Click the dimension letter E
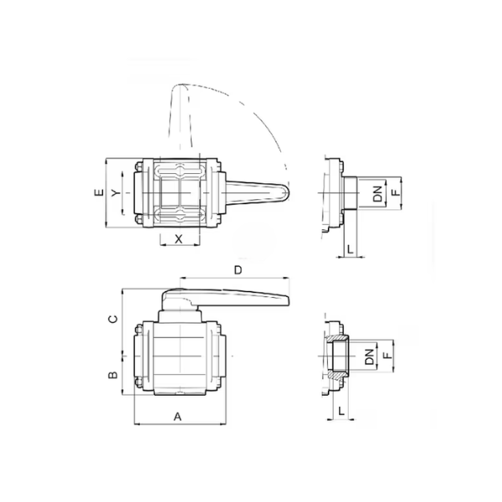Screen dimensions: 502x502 pos(100,192)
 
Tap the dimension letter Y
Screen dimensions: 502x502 pos(116,192)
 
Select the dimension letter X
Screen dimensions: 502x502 pos(179,238)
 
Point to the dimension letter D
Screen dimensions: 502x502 pos(238,270)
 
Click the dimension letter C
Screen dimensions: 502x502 pos(114,320)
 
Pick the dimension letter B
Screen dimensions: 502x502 pos(113,375)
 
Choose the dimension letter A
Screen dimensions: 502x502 pos(177,417)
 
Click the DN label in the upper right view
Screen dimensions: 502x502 pos(378,193)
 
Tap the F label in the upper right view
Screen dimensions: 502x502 pos(397,192)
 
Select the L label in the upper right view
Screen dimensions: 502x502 pos(351,248)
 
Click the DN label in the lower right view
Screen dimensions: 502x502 pos(370,356)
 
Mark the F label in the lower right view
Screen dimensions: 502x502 pos(387,356)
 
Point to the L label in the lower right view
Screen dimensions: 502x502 pos(341,411)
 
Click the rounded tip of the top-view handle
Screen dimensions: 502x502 pos(288,192)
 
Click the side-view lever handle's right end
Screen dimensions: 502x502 pos(289,300)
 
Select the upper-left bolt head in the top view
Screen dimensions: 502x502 pos(139,166)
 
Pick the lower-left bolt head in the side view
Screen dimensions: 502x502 pos(139,382)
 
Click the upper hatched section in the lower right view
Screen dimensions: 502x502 pos(338,338)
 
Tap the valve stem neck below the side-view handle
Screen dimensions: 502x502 pos(180,316)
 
